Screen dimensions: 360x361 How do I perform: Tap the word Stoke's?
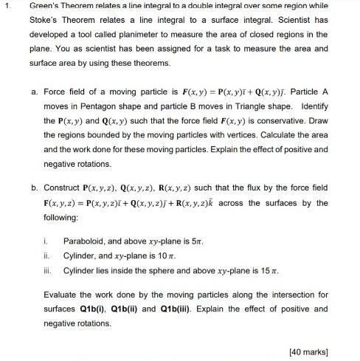pos(45,22)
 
